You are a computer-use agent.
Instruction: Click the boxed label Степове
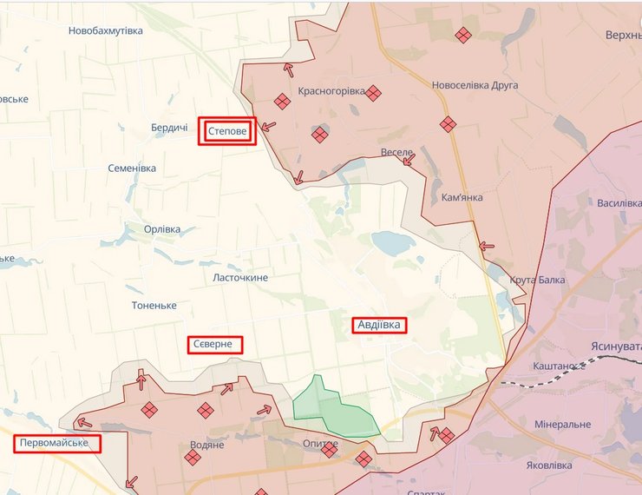click(x=227, y=131)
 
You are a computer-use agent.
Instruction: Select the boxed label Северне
click(x=214, y=345)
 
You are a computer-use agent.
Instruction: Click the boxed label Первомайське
click(x=57, y=444)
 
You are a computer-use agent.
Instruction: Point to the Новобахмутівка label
click(x=105, y=31)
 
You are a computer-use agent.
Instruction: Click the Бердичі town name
click(x=169, y=128)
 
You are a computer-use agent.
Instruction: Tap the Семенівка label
click(x=132, y=168)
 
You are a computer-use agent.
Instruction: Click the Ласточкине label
click(x=240, y=277)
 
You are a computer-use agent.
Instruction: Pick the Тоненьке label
click(x=154, y=306)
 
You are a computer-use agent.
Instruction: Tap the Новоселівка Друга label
click(x=475, y=85)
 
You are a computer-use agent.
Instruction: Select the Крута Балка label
click(x=537, y=280)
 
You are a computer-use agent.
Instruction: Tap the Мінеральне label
click(x=562, y=425)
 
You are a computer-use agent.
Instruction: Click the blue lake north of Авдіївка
click(x=393, y=243)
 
